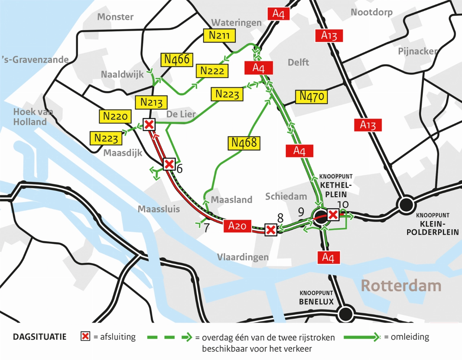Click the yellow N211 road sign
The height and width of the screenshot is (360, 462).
tap(219, 35)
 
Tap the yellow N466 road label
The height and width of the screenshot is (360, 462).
tap(176, 60)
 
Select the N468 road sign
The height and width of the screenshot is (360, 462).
tap(244, 143)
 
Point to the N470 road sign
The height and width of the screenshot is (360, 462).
tap(312, 96)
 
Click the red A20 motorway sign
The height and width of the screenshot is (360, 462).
tap(237, 226)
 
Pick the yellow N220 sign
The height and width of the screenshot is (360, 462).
tap(115, 116)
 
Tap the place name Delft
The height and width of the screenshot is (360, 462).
tap(298, 62)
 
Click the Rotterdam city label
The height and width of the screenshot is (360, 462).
tap(401, 286)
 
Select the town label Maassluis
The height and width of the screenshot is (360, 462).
tap(159, 209)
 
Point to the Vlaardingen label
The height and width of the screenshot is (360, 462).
tap(243, 257)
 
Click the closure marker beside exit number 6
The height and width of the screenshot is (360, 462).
tap(169, 164)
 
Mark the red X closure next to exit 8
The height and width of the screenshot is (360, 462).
tap(271, 229)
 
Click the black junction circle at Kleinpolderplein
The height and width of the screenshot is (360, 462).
tap(406, 205)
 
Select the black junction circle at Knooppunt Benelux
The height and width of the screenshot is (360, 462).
tap(345, 313)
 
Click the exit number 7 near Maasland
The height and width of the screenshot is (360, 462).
tap(206, 228)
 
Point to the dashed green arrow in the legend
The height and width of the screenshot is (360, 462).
tap(170, 337)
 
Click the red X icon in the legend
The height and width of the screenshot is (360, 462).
tap(85, 337)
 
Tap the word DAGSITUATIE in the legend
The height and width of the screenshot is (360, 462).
tap(40, 337)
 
